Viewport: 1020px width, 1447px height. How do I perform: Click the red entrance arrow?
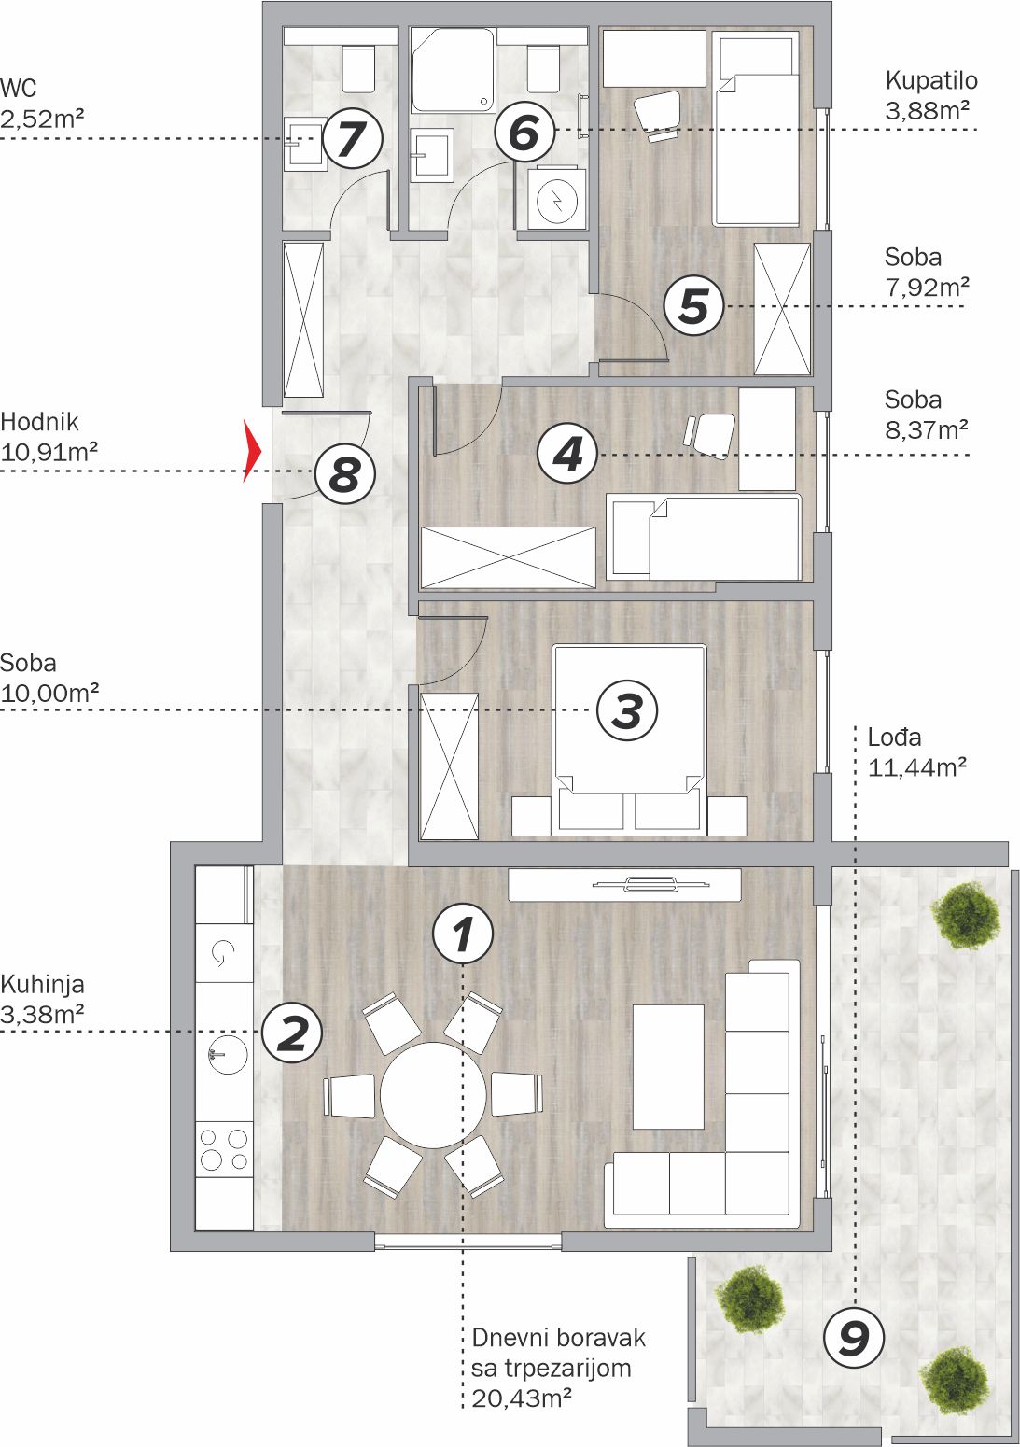click(x=252, y=450)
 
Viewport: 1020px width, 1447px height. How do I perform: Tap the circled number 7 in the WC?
click(x=353, y=138)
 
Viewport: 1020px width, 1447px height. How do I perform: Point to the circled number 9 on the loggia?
click(x=854, y=1337)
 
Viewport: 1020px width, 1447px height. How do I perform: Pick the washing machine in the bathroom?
click(x=556, y=199)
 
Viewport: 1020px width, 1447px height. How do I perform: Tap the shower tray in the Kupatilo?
click(x=454, y=69)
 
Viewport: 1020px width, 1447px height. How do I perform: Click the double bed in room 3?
click(x=628, y=738)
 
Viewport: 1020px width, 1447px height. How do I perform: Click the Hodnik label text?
click(x=39, y=422)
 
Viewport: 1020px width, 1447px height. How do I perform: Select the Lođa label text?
click(x=894, y=738)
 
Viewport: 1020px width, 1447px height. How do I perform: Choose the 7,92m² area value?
click(x=927, y=287)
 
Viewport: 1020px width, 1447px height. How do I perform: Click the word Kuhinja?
click(x=43, y=986)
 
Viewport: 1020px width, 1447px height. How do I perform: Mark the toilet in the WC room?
click(x=358, y=68)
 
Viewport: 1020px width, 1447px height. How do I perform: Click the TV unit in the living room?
click(x=624, y=884)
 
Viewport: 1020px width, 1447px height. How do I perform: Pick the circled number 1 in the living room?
click(x=463, y=933)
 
